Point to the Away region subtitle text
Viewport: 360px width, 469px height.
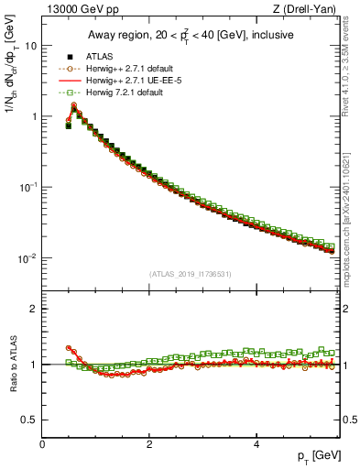(190, 35)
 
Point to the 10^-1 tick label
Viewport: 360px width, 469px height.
(27, 187)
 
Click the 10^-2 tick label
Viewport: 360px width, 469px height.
(27, 258)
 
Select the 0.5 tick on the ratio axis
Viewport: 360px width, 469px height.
(27, 420)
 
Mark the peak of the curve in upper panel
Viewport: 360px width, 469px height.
(74, 107)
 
